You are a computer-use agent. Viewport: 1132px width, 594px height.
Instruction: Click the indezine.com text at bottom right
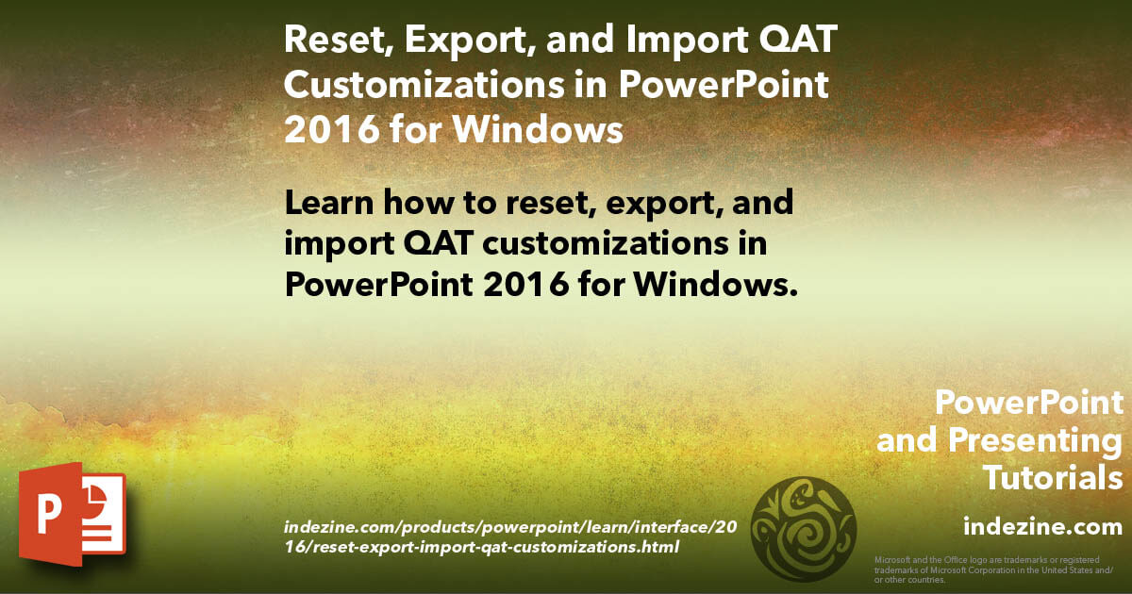(x=1042, y=525)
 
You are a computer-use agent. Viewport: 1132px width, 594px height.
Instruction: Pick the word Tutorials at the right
(x=1053, y=478)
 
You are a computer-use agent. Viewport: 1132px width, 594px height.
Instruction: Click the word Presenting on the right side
(x=1035, y=440)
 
